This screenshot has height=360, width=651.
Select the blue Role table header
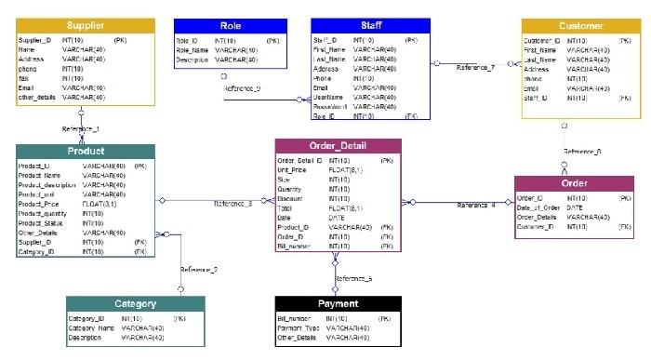tap(230, 26)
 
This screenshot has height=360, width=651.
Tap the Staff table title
tap(370, 26)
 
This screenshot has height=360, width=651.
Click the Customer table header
tap(581, 26)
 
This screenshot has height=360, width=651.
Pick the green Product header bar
tap(86, 152)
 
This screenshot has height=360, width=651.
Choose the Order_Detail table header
tap(338, 147)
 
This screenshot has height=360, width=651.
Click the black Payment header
tap(338, 303)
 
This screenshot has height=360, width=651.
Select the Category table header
tap(135, 303)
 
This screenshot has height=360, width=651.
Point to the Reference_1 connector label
tap(81, 128)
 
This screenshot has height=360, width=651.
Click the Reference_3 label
tap(233, 203)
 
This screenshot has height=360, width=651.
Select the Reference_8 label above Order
tap(582, 151)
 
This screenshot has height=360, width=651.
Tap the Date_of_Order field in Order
tap(538, 207)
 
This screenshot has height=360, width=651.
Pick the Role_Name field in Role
tap(193, 50)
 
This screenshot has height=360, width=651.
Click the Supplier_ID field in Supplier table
tap(36, 41)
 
